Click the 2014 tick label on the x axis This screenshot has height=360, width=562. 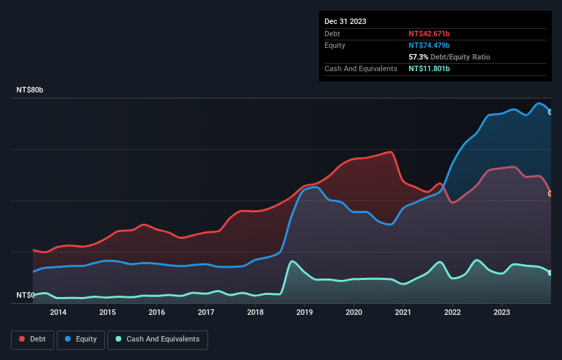(x=58, y=313)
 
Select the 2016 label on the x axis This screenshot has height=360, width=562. (x=157, y=313)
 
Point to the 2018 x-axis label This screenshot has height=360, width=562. (x=255, y=313)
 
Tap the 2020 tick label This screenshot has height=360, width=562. (x=354, y=313)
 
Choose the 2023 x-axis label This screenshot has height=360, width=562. (x=502, y=313)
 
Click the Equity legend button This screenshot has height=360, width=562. (x=81, y=339)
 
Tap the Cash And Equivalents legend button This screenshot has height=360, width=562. (x=157, y=339)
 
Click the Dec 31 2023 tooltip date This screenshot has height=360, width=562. (x=345, y=21)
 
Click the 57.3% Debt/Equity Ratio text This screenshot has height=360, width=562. (x=449, y=57)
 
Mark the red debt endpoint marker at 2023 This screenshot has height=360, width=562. (x=550, y=194)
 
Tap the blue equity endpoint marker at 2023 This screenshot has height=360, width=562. (x=550, y=112)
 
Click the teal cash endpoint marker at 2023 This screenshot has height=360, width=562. (x=550, y=273)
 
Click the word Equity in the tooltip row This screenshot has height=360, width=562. (x=335, y=45)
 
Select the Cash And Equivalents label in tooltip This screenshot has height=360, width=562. (x=361, y=68)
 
